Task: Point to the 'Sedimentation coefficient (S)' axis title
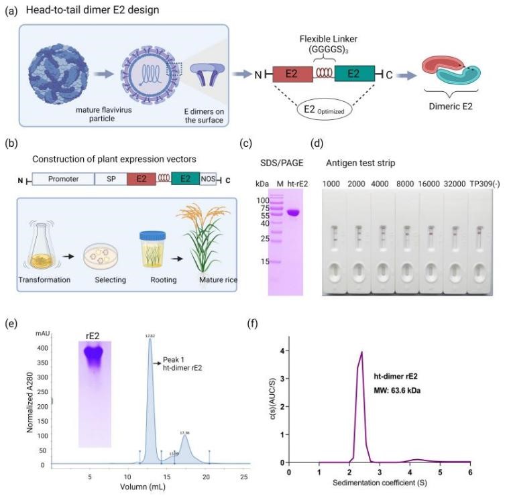click(x=380, y=482)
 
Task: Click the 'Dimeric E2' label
click(x=449, y=109)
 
